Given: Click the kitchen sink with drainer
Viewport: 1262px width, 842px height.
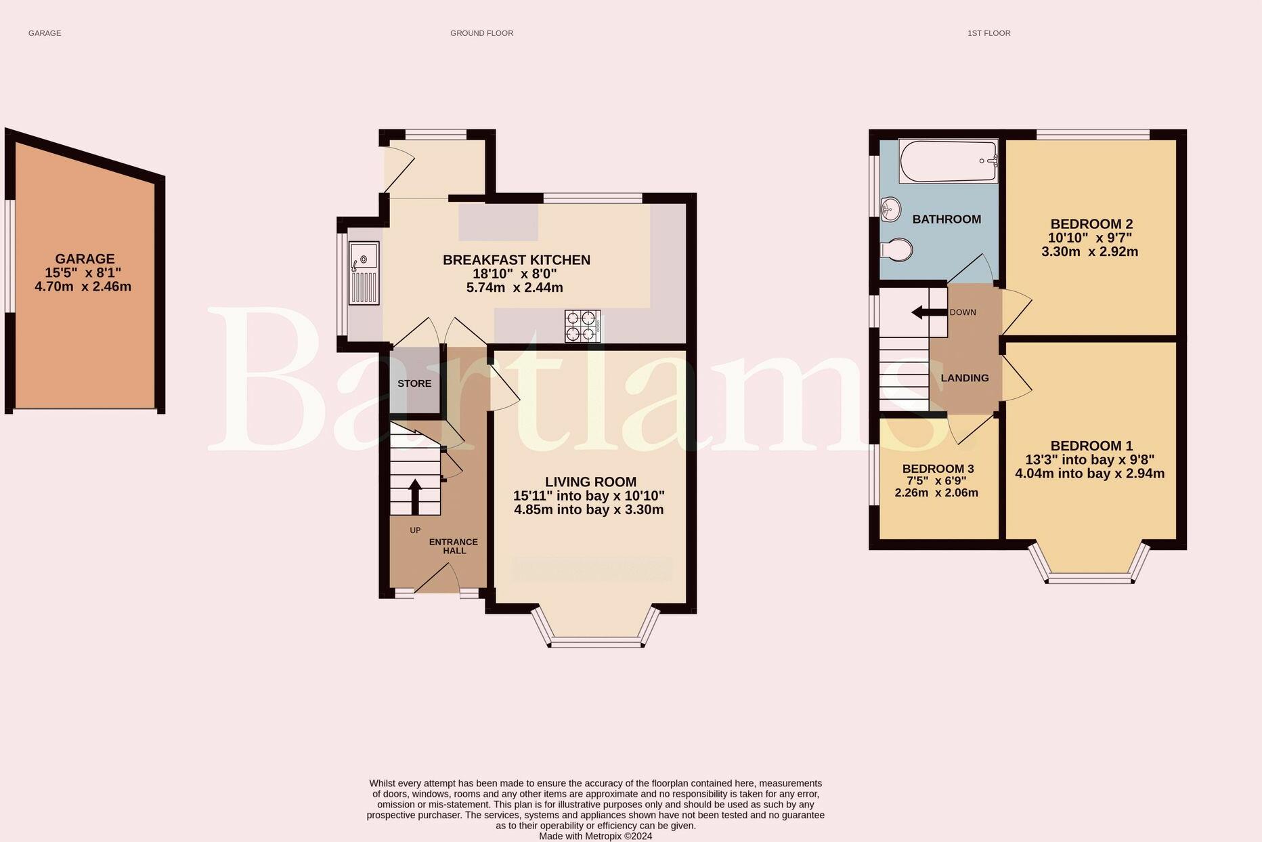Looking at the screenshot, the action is (364, 272).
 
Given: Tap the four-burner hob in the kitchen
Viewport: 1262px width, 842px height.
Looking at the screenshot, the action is (583, 326).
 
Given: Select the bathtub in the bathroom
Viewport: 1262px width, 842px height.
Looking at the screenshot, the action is (948, 161).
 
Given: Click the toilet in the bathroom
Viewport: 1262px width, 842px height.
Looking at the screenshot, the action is (896, 250).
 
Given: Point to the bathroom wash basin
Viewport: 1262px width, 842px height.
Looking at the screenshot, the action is (890, 209).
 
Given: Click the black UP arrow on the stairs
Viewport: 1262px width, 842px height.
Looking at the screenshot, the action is (414, 497).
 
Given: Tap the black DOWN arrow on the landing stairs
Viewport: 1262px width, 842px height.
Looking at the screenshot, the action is (929, 312).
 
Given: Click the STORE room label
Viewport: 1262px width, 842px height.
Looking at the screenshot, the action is (414, 383).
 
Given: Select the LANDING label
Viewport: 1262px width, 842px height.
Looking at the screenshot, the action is (965, 378).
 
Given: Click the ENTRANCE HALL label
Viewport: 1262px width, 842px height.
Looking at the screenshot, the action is (454, 546).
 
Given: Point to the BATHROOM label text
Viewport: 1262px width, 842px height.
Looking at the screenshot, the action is (946, 219).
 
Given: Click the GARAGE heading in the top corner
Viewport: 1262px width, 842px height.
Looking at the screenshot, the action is (45, 33).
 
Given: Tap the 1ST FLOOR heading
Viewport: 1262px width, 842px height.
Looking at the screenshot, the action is (989, 33).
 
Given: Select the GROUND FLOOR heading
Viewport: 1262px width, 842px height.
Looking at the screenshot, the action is (482, 33).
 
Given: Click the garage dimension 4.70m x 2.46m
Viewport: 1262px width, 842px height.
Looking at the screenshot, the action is (83, 287).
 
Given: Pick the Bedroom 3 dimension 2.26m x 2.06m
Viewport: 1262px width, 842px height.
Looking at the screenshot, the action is (936, 492).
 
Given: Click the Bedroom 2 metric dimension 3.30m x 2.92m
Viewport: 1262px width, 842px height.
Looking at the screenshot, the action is (1090, 252).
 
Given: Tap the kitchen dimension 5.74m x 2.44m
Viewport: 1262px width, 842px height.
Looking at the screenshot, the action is (515, 288).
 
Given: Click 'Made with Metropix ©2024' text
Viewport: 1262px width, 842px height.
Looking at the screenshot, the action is (596, 837).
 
